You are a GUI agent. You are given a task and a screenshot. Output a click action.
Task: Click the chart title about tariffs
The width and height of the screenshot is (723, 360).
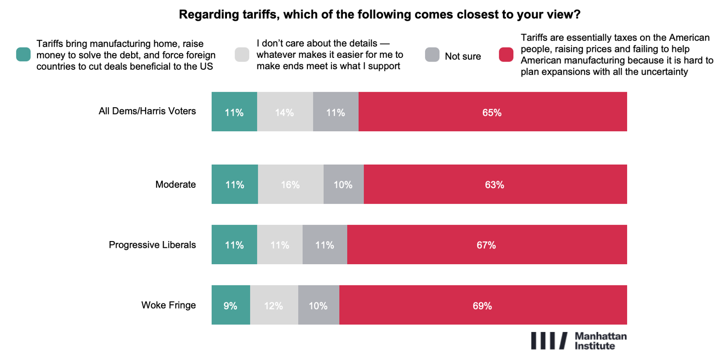coord(379,14)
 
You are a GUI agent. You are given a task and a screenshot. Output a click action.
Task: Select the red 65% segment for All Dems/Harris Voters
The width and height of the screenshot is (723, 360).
coord(492,112)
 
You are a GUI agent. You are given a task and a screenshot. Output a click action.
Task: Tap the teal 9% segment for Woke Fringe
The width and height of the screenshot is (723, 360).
coord(231,305)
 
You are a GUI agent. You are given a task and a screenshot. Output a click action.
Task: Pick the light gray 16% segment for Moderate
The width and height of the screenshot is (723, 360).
coord(290,184)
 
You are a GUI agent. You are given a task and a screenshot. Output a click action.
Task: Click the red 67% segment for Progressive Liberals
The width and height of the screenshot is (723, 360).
coord(487,245)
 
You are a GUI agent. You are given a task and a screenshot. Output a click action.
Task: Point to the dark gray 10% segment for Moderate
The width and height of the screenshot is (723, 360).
coord(343,184)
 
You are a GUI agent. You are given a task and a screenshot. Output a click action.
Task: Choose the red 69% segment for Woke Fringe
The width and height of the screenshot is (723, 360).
coord(482,305)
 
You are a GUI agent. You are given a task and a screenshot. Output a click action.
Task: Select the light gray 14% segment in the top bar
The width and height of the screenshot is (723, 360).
coord(284,112)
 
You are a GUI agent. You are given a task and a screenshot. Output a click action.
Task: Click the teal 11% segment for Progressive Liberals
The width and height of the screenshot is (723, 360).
coord(234,245)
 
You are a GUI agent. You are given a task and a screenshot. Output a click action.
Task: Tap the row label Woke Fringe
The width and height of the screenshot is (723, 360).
coord(168,305)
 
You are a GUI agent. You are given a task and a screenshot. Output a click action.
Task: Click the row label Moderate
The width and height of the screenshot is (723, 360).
coord(175,185)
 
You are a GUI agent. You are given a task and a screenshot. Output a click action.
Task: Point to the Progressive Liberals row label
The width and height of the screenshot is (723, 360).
coord(152,245)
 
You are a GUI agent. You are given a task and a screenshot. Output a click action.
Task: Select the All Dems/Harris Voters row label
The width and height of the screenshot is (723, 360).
coord(147,111)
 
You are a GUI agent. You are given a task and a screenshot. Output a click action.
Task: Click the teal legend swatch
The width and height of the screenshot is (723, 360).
coord(24,54)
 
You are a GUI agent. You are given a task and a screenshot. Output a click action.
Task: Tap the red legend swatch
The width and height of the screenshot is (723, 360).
coord(506,55)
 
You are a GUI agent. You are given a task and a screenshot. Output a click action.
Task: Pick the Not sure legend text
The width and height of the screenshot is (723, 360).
coord(463,57)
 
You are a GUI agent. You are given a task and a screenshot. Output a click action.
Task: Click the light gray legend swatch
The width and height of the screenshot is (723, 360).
coord(242,55)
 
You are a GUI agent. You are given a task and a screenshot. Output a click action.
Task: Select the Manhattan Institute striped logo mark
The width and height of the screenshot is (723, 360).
coord(549,341)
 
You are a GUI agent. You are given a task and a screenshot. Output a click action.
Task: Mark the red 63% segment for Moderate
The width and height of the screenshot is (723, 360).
coord(495,184)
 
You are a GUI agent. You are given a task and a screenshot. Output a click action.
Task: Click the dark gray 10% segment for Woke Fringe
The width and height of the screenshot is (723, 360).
coord(318,305)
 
